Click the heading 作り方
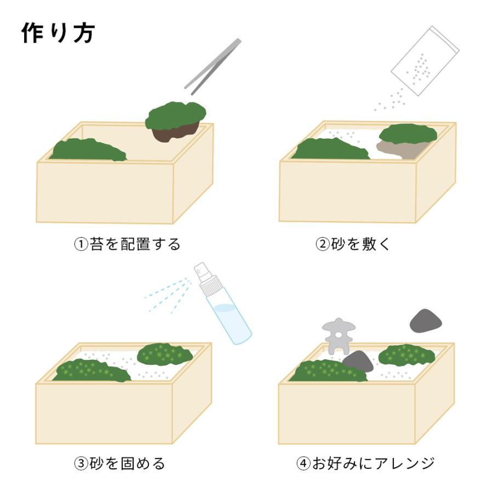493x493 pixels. tap(58, 33)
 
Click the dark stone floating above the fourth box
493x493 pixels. tap(426, 320)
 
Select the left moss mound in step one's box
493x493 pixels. tap(88, 150)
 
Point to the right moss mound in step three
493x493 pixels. tap(164, 354)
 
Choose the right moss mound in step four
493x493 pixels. tap(406, 355)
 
